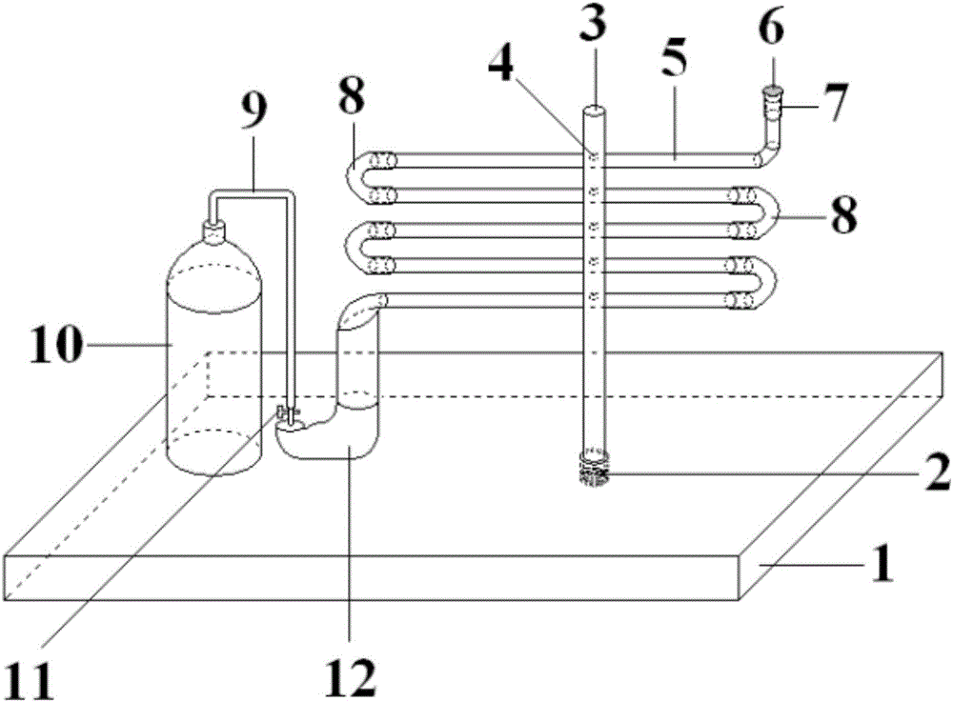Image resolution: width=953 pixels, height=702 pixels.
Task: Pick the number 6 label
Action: (772, 29)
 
